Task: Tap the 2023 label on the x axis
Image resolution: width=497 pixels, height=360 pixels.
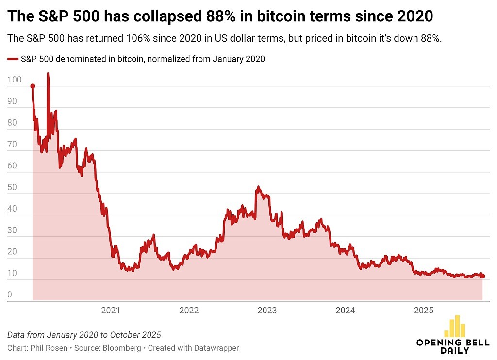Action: coord(267,311)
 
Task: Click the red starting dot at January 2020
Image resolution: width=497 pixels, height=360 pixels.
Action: coord(33,86)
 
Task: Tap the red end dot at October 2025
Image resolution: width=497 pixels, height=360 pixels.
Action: coord(482,276)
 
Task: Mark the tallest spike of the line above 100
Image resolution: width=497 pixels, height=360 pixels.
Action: coord(48,74)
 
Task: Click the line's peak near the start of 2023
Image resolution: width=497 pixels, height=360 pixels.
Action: coord(258,187)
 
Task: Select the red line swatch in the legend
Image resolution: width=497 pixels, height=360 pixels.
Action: coord(13,59)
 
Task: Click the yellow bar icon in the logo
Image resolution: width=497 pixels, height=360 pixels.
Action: coord(455,327)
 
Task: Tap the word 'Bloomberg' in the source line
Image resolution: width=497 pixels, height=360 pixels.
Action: coord(124,348)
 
